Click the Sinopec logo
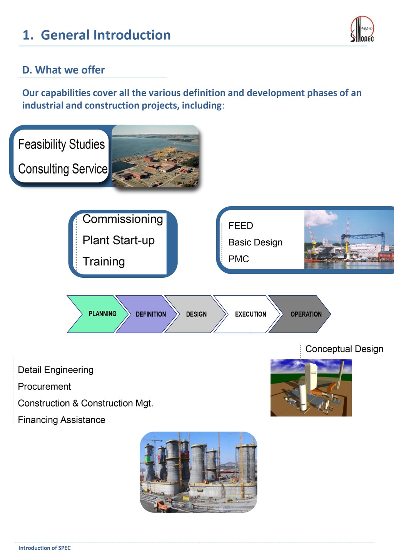tap(362, 29)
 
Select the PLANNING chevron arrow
tap(98, 314)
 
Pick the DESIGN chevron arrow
tap(195, 314)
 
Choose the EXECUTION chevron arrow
tap(247, 314)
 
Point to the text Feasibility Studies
tap(62, 145)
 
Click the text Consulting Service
tap(63, 169)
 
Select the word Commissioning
tap(123, 219)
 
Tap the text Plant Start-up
tap(119, 240)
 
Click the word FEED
tap(240, 225)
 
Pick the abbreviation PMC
tap(239, 259)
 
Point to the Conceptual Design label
tap(344, 349)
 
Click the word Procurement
tap(44, 387)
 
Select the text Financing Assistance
tap(62, 420)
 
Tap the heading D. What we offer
tap(63, 70)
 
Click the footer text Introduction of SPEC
tap(45, 548)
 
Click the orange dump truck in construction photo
tap(162, 505)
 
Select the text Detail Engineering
tap(56, 370)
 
